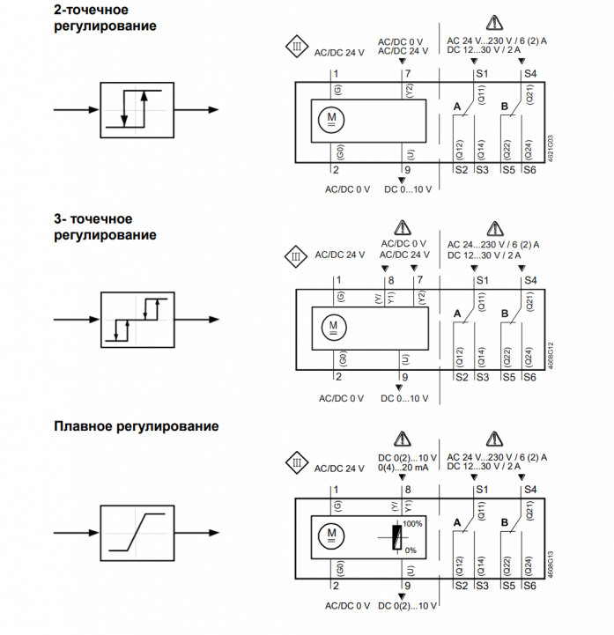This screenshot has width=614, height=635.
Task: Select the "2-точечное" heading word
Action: tap(86, 10)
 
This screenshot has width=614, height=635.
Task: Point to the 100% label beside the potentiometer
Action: tap(413, 523)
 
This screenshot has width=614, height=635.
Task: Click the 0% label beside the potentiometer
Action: tap(410, 550)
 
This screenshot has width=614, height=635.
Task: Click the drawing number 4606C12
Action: tap(551, 354)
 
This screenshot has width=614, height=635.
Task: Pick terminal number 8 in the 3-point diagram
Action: tap(390, 280)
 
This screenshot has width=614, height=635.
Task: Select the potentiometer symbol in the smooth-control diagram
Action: tap(397, 535)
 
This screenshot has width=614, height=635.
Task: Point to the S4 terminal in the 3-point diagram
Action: tap(529, 280)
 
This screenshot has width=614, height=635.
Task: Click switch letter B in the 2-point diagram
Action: tap(504, 107)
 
